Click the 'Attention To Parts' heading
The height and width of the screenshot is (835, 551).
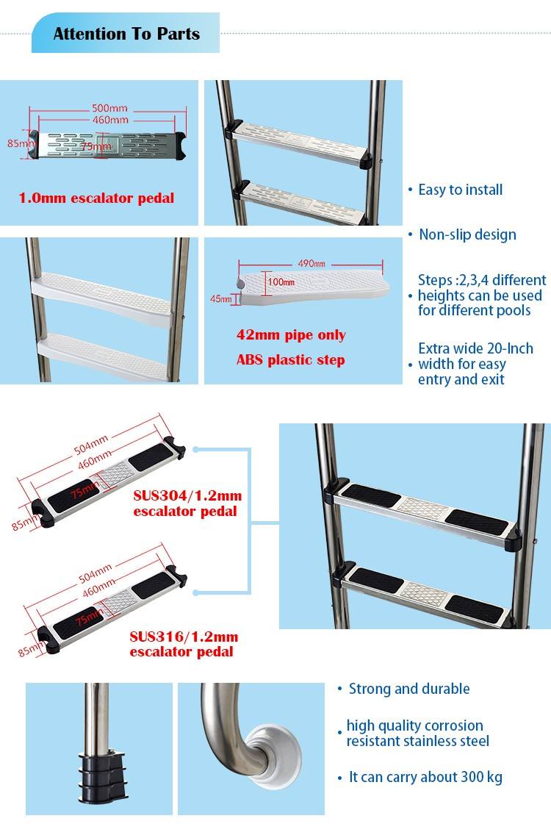click(x=126, y=34)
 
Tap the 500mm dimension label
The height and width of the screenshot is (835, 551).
click(x=109, y=108)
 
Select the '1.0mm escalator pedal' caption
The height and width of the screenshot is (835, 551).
click(x=96, y=198)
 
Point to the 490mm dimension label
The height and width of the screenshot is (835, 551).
click(x=311, y=264)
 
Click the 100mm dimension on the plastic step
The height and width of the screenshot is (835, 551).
click(x=281, y=282)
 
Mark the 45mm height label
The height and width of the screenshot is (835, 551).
click(x=220, y=299)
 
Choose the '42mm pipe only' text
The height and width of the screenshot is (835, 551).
click(x=291, y=335)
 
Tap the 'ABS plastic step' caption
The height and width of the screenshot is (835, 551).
click(x=291, y=360)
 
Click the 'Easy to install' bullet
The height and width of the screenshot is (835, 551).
click(x=460, y=190)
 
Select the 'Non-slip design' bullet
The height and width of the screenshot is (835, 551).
click(x=467, y=235)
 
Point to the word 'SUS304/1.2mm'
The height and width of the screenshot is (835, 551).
click(x=187, y=495)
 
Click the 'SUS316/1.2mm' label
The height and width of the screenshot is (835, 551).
click(x=184, y=637)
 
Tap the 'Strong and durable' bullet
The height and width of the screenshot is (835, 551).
click(x=409, y=689)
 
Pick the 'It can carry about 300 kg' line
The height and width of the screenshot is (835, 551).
click(x=425, y=778)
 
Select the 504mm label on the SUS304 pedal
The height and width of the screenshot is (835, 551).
click(x=91, y=444)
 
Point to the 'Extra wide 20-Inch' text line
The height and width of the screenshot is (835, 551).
click(x=475, y=349)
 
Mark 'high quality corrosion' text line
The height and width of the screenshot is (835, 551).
click(x=414, y=725)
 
